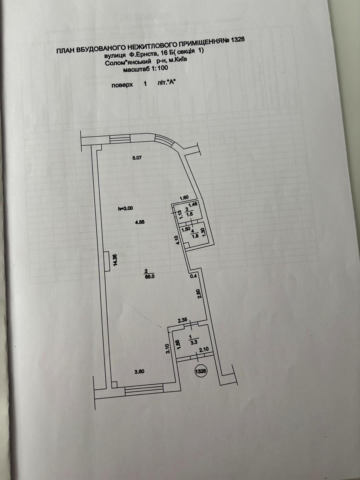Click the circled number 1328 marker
(200, 371)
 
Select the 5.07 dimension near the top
(137, 158)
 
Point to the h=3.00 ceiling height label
(125, 208)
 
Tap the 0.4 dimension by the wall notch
(194, 276)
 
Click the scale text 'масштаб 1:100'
(146, 69)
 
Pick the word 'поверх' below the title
(122, 85)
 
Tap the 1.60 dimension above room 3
(184, 198)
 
